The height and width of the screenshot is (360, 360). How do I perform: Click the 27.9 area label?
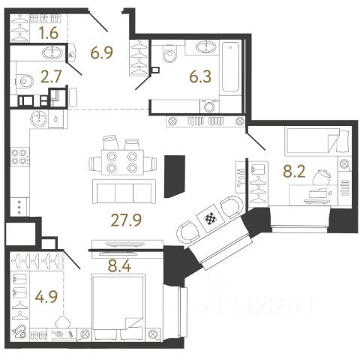(x=126, y=220)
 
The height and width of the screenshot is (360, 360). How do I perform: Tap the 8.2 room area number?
(x=294, y=172)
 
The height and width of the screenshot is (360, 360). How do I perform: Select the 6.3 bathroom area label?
(x=200, y=76)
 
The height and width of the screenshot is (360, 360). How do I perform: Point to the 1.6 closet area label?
(x=49, y=33)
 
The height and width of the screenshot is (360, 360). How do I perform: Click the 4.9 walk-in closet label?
(x=46, y=296)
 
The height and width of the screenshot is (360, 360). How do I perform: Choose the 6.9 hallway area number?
(x=102, y=52)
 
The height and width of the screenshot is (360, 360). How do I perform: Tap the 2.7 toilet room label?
(x=51, y=76)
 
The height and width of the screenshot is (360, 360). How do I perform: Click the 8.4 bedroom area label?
(x=119, y=265)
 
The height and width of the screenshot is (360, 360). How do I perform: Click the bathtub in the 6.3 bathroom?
(x=230, y=67)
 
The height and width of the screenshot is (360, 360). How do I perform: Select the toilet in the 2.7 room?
(x=25, y=82)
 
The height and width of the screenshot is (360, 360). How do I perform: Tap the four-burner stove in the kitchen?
(x=19, y=157)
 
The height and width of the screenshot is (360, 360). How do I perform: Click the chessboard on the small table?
(x=209, y=219)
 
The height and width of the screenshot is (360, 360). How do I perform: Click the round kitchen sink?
(x=38, y=118)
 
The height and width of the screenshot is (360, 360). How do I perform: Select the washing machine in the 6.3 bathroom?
(x=209, y=106)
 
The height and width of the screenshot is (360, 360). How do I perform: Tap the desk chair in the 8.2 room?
(x=321, y=177)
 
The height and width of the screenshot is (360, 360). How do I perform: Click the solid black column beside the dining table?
(x=175, y=176)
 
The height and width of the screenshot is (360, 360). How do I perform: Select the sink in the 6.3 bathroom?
(x=206, y=47)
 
